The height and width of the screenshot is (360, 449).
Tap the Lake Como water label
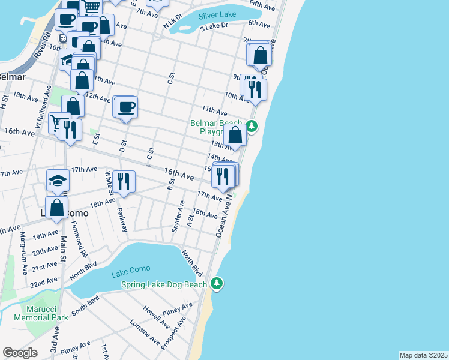coord(131,275)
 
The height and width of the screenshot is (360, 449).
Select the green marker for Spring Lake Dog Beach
coord(217,284)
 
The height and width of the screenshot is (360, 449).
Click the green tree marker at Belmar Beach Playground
coord(252,127)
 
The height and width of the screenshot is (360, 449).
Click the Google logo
coord(20,353)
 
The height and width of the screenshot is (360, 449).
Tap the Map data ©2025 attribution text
coord(423,355)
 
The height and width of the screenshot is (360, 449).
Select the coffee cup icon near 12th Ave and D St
coord(127,108)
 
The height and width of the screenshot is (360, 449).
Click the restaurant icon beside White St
coord(124,181)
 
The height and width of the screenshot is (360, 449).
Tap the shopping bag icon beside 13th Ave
coord(236,136)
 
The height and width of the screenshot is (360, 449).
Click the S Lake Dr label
coord(214,26)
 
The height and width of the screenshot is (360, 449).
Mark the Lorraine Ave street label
coord(145,332)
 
